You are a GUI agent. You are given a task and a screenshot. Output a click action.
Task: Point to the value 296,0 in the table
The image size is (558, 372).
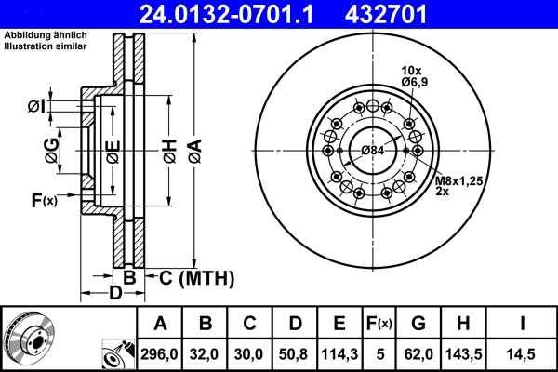[x=160, y=353]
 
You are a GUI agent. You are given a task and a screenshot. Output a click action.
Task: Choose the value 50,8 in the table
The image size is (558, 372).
[x=295, y=353]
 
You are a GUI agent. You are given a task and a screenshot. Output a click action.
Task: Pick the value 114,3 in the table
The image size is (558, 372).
[x=339, y=353]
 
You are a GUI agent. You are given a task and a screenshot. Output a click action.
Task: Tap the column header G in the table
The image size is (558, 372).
[x=418, y=324]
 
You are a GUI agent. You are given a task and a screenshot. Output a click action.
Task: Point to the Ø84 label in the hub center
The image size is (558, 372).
[x=372, y=151]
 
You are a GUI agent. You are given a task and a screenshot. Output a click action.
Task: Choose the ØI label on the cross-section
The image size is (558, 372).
[x=36, y=105]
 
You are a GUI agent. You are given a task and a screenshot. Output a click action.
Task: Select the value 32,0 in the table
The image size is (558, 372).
[x=206, y=353]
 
